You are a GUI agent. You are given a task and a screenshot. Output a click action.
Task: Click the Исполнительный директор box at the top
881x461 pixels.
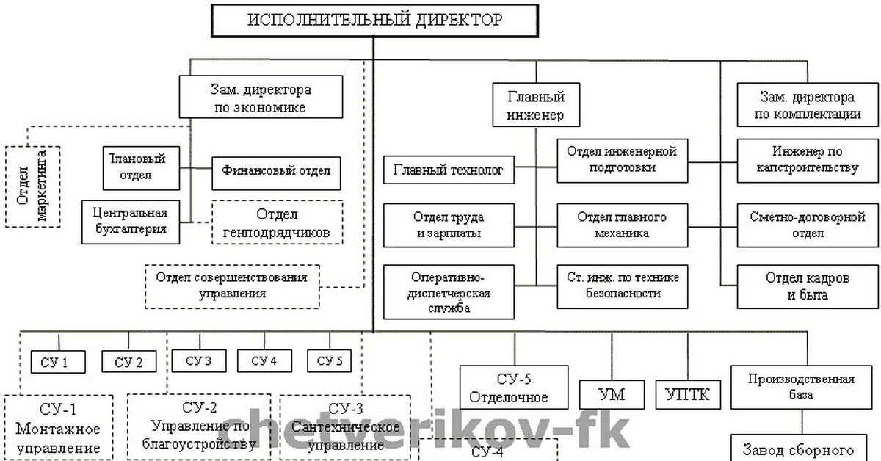pyautogui.click(x=374, y=20)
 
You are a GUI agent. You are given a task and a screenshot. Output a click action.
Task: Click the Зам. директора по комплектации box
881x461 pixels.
pyautogui.click(x=806, y=106)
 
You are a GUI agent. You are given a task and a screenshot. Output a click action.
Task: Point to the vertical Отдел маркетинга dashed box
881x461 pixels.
pyautogui.click(x=32, y=186)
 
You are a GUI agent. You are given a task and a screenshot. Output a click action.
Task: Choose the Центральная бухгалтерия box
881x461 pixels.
pyautogui.click(x=131, y=221)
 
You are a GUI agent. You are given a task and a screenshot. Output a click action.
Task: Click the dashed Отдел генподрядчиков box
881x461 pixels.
pyautogui.click(x=278, y=223)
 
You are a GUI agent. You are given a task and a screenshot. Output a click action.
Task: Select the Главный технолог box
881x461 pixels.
pyautogui.click(x=449, y=170)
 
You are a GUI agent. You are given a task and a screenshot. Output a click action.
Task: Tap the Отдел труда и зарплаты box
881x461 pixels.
pyautogui.click(x=449, y=225)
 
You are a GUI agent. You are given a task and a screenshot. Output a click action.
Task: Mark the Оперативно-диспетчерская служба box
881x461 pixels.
pyautogui.click(x=449, y=291)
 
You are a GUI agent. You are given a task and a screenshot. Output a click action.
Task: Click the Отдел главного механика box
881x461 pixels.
pyautogui.click(x=621, y=225)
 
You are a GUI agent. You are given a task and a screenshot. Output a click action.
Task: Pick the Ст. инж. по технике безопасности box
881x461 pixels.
pyautogui.click(x=623, y=286)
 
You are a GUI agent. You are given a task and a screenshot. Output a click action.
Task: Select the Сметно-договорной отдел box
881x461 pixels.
pyautogui.click(x=807, y=225)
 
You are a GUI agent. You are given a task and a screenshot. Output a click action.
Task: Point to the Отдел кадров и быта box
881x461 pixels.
pyautogui.click(x=807, y=286)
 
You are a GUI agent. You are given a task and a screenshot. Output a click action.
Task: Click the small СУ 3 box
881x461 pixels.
pyautogui.click(x=198, y=360)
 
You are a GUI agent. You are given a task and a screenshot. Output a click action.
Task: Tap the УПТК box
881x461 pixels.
pyautogui.click(x=688, y=394)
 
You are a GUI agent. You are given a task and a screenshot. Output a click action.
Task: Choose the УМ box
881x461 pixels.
pyautogui.click(x=612, y=394)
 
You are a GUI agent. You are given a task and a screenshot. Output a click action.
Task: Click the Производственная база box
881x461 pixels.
pyautogui.click(x=801, y=387)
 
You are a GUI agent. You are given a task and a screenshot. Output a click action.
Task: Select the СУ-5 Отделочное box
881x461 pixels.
pyautogui.click(x=514, y=388)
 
